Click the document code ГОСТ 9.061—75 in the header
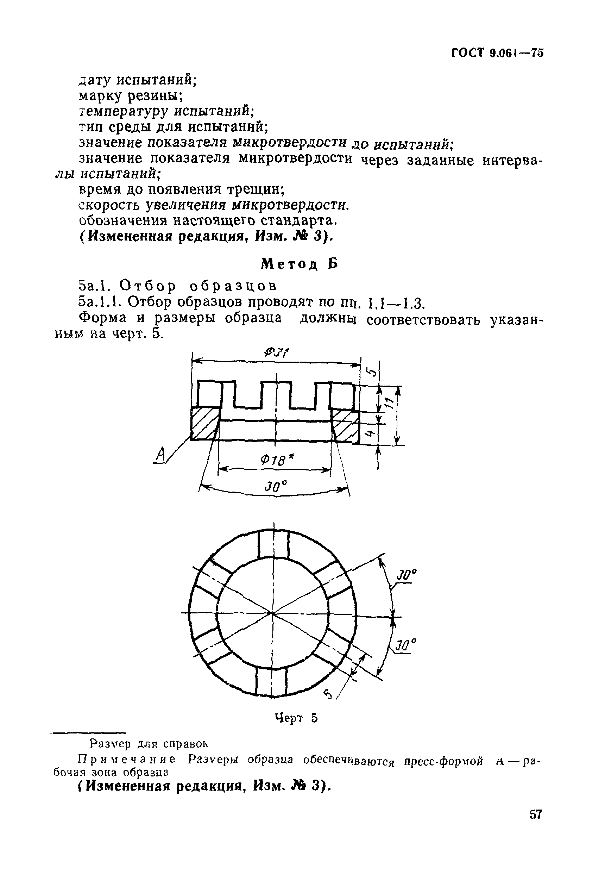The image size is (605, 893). [497, 52]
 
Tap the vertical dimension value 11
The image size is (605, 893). [389, 404]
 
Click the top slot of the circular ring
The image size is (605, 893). [273, 544]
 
